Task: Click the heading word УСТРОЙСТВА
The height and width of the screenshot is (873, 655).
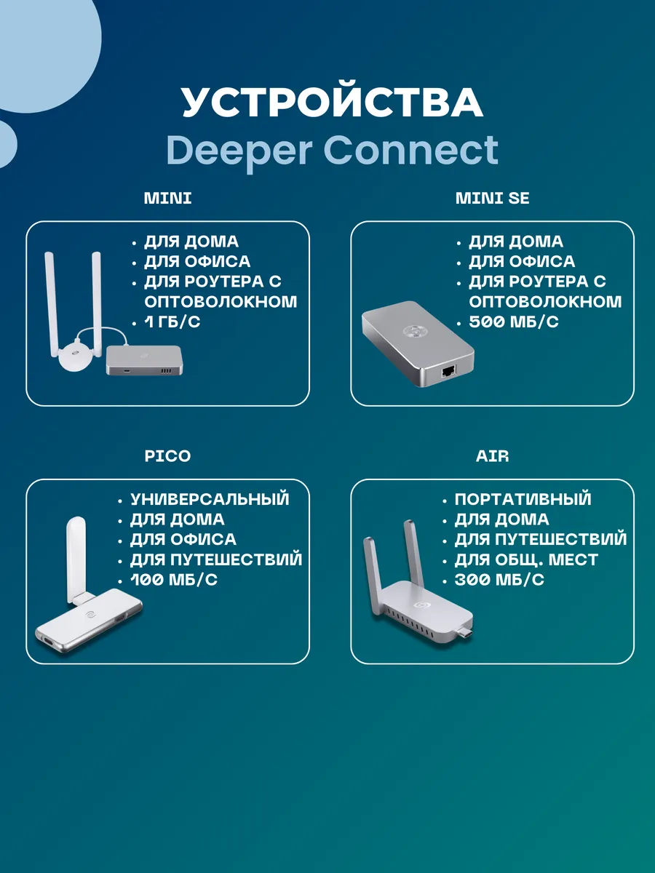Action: tap(332, 103)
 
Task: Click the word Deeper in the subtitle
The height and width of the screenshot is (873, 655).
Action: tap(238, 150)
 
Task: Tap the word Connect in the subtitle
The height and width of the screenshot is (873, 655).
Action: tap(411, 150)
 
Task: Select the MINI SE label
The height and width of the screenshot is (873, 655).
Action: tap(492, 198)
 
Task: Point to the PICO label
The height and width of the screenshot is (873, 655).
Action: tap(167, 456)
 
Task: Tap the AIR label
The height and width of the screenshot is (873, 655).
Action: tap(492, 456)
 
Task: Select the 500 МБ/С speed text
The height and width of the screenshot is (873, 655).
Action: tap(513, 322)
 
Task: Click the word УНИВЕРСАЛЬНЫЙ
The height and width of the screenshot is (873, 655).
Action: tap(210, 499)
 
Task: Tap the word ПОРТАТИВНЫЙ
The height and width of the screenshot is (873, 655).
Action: tap(523, 499)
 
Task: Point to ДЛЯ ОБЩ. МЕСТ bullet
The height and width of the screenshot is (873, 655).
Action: tap(525, 559)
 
